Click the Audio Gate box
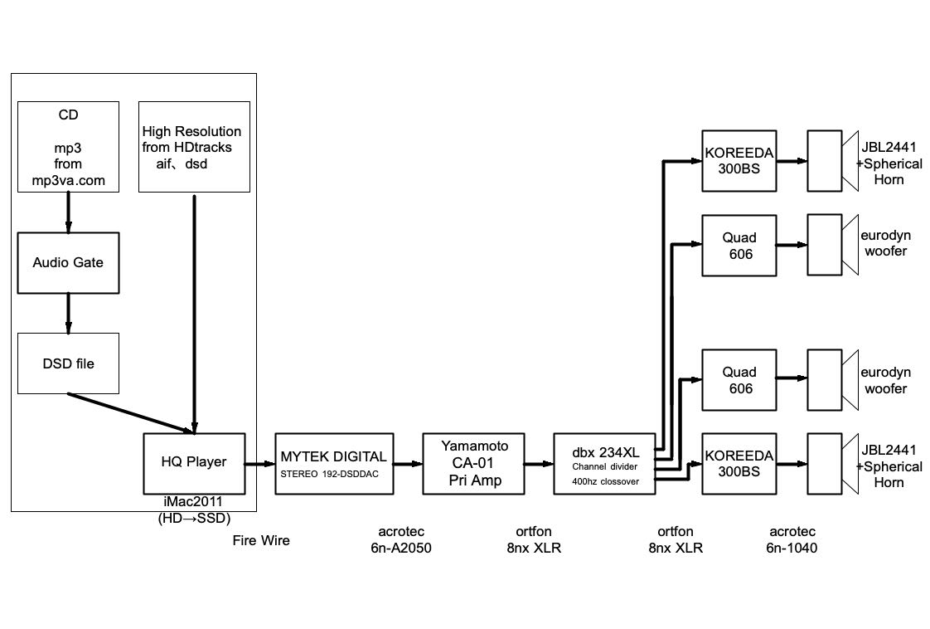pyautogui.click(x=68, y=262)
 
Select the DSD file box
pyautogui.click(x=68, y=363)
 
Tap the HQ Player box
pyautogui.click(x=194, y=462)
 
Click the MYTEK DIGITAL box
pyautogui.click(x=333, y=463)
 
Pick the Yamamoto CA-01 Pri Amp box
pyautogui.click(x=474, y=463)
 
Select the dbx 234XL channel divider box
pyautogui.click(x=605, y=463)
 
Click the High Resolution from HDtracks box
pyautogui.click(x=194, y=147)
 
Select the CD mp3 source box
pyautogui.click(x=68, y=146)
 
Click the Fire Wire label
pyautogui.click(x=261, y=541)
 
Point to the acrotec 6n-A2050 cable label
pyautogui.click(x=402, y=539)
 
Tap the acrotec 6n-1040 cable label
pyautogui.click(x=792, y=539)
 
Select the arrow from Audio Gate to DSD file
pyautogui.click(x=68, y=313)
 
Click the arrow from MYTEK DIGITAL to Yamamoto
pyautogui.click(x=407, y=464)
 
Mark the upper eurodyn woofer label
pyautogui.click(x=885, y=243)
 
